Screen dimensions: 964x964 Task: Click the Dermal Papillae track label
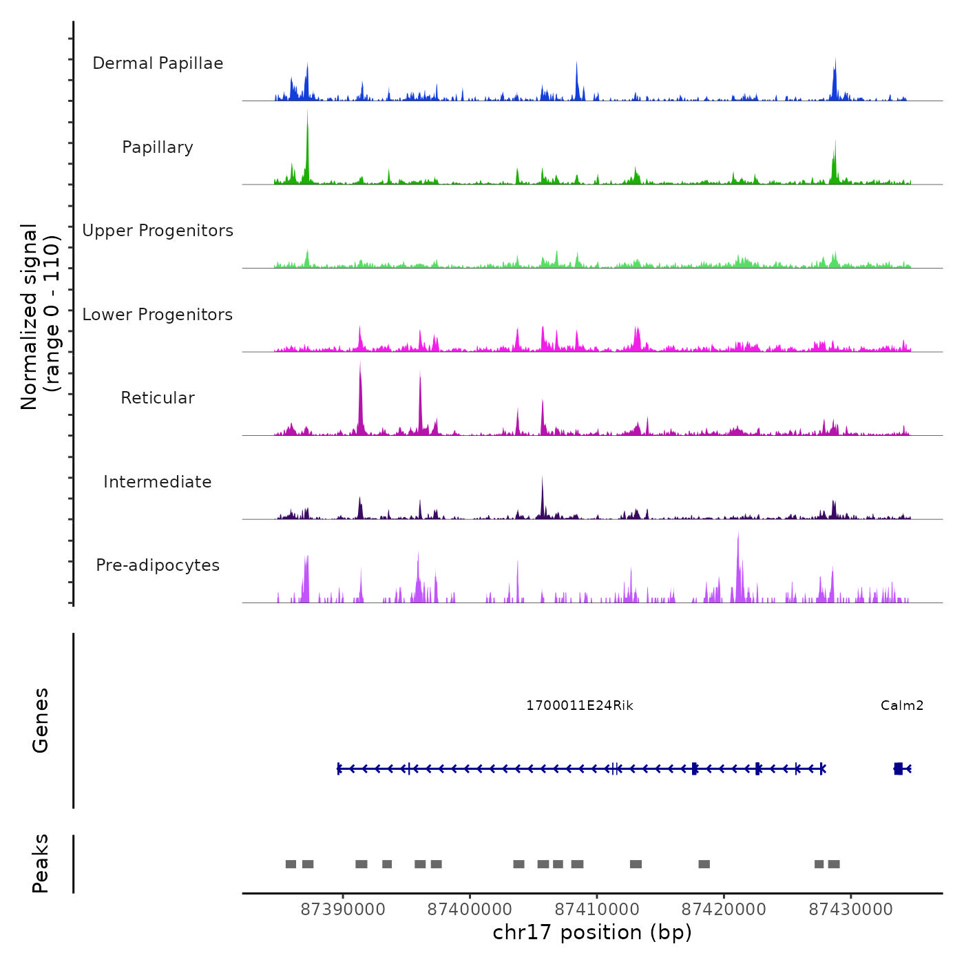pos(158,63)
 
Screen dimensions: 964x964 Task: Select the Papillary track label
pos(158,147)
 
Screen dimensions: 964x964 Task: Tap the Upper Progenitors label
pos(158,231)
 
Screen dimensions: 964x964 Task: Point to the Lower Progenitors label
pos(158,315)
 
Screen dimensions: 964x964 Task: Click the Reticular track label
pos(158,398)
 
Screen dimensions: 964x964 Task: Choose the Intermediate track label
pos(158,482)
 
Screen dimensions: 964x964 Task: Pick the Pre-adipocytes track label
pos(158,565)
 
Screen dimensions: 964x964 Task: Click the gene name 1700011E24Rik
pos(580,706)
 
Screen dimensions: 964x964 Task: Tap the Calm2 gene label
pos(902,706)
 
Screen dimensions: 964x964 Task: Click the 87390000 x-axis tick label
pos(343,910)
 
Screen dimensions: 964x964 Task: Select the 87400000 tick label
pos(470,910)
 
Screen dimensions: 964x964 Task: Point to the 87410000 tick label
pos(597,910)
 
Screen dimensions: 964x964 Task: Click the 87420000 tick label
pos(724,910)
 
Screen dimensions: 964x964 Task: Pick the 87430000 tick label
pos(851,910)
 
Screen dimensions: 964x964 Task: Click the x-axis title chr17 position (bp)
pos(592,933)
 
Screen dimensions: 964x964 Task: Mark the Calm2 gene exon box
pos(898,768)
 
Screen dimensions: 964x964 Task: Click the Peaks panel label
pos(41,863)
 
